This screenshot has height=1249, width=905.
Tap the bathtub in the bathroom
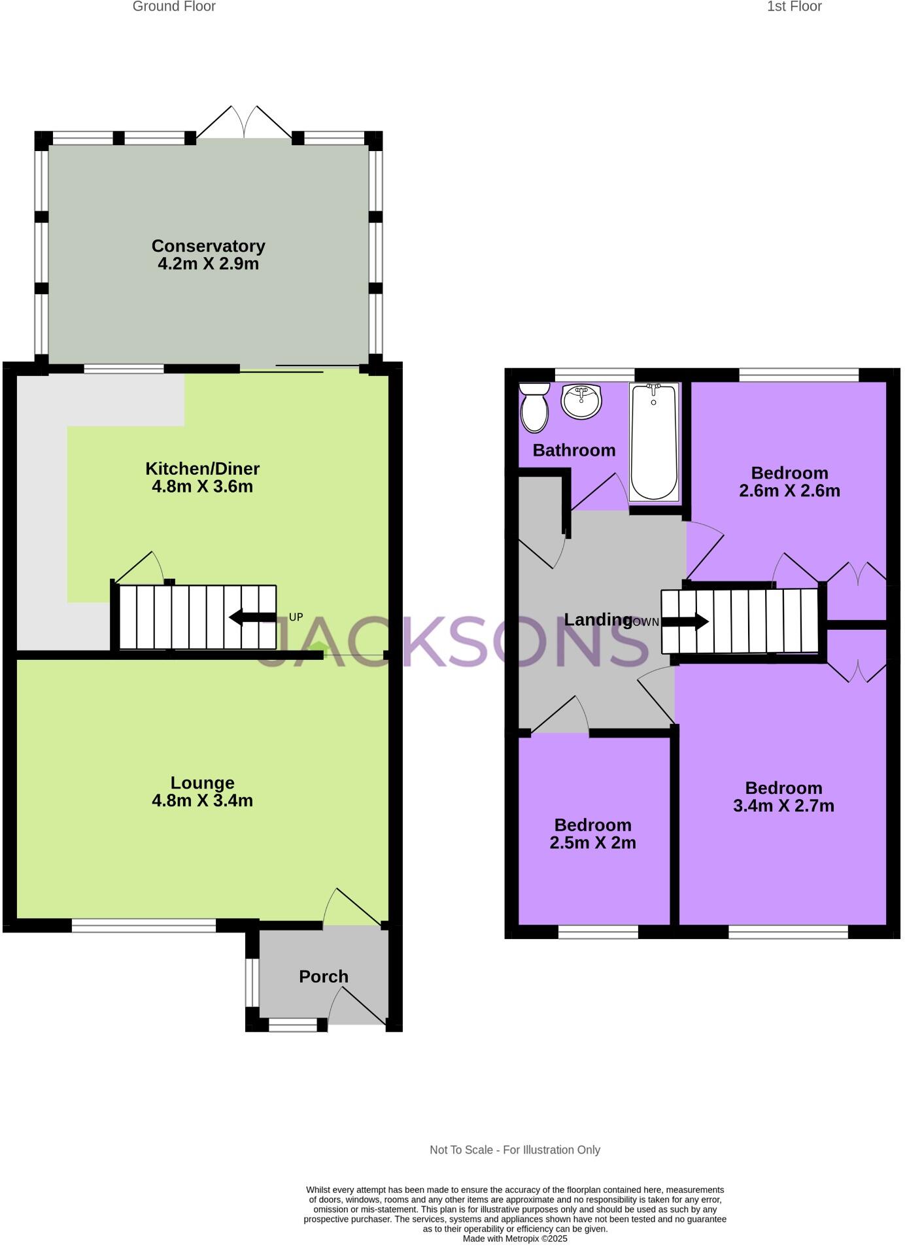click(x=653, y=442)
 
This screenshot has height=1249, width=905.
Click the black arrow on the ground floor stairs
click(x=252, y=617)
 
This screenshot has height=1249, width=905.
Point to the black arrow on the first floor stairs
click(x=685, y=621)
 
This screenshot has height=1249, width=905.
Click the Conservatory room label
click(x=208, y=246)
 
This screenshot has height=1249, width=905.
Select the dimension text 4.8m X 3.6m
click(x=202, y=487)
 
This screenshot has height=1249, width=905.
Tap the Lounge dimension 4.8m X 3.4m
click(x=202, y=800)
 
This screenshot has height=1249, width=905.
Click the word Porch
click(x=323, y=976)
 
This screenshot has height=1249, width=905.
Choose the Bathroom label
click(x=573, y=450)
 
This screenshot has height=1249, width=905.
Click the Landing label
click(x=598, y=619)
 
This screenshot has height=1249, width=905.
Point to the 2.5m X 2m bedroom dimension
click(x=592, y=842)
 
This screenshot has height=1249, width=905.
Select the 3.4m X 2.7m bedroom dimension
click(x=783, y=806)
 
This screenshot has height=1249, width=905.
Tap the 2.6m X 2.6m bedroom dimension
click(x=789, y=490)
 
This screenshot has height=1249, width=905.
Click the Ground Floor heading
click(x=174, y=7)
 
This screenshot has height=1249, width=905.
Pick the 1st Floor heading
click(x=794, y=7)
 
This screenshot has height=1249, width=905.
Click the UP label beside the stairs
click(x=296, y=617)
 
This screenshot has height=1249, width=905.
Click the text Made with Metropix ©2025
click(x=515, y=1239)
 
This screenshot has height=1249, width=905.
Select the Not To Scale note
click(x=515, y=1150)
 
